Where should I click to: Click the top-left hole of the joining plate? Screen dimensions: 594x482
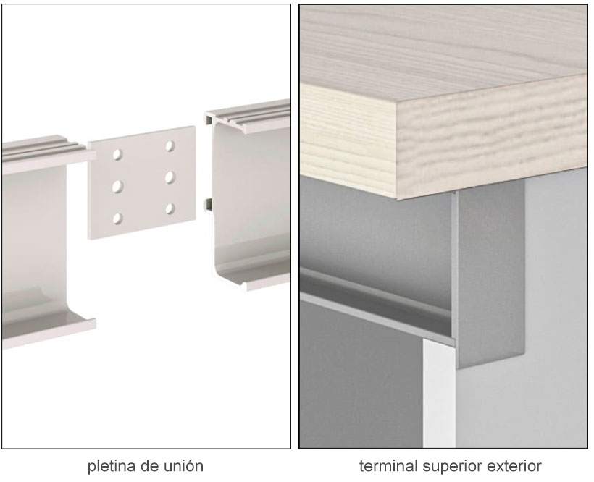pos(117,154)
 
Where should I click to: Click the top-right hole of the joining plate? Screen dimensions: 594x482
pos(170,146)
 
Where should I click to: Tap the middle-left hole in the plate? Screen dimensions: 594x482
pos(117,186)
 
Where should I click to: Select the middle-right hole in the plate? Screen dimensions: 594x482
pos(170,177)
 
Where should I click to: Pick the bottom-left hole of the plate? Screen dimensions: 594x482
pos(117,219)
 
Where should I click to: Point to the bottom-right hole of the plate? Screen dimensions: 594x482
pos(170,208)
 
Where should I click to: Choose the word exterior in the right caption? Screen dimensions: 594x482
pos(514,466)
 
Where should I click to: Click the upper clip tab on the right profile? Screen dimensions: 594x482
pos(209,119)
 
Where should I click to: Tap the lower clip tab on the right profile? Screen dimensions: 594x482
pos(208,204)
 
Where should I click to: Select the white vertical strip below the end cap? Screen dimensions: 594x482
pos(439,394)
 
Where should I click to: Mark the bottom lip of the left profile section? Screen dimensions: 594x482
pos(49,333)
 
